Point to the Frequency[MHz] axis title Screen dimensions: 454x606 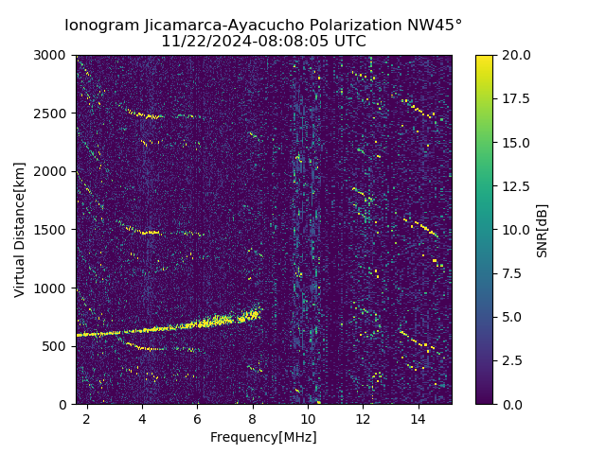click(x=263, y=437)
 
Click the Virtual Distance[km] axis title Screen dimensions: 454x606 click(x=20, y=230)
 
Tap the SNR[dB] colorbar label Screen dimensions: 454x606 click(x=543, y=230)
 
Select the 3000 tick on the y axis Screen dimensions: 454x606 click(x=54, y=56)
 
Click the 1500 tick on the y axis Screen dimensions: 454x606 click(x=54, y=230)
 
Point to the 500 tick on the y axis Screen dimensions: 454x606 click(x=58, y=346)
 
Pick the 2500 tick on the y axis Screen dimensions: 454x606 click(x=54, y=113)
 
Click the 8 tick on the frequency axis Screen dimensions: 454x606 click(x=252, y=418)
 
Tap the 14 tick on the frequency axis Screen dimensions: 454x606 click(x=418, y=418)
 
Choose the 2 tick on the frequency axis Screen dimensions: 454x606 click(x=86, y=418)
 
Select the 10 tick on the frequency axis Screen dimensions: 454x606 click(x=308, y=418)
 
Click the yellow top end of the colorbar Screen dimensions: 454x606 click(x=484, y=58)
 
